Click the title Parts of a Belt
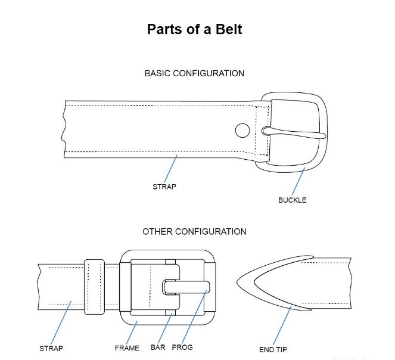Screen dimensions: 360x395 pyautogui.click(x=195, y=29)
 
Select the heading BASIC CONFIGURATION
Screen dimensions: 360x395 pyautogui.click(x=194, y=73)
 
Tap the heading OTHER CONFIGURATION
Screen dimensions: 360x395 pyautogui.click(x=194, y=231)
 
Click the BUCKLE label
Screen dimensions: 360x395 pyautogui.click(x=292, y=200)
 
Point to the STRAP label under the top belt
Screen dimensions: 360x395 pyautogui.click(x=164, y=187)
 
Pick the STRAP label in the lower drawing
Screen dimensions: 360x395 pyautogui.click(x=51, y=348)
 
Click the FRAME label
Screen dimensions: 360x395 pyautogui.click(x=127, y=348)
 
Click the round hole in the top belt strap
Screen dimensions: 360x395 pyautogui.click(x=242, y=129)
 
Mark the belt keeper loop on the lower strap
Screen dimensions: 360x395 pyautogui.click(x=94, y=286)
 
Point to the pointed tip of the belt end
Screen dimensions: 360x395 pyautogui.click(x=239, y=280)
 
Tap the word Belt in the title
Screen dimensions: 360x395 pyautogui.click(x=229, y=29)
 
